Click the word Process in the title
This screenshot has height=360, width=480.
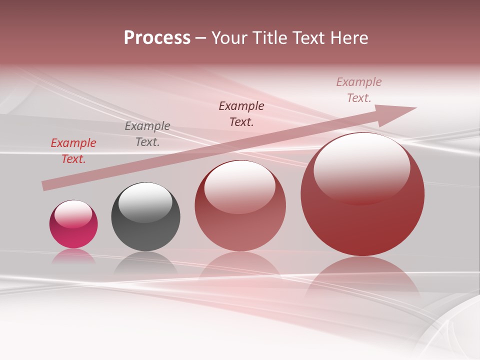click(157, 38)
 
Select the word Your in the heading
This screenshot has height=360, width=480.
click(231, 38)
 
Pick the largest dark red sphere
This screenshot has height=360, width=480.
click(362, 220)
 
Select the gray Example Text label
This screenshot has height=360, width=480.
click(147, 134)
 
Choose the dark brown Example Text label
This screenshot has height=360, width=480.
click(241, 114)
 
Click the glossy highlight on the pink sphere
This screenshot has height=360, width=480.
click(73, 214)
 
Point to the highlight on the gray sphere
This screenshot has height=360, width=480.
click(145, 202)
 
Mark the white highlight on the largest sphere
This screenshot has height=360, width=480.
click(362, 167)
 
